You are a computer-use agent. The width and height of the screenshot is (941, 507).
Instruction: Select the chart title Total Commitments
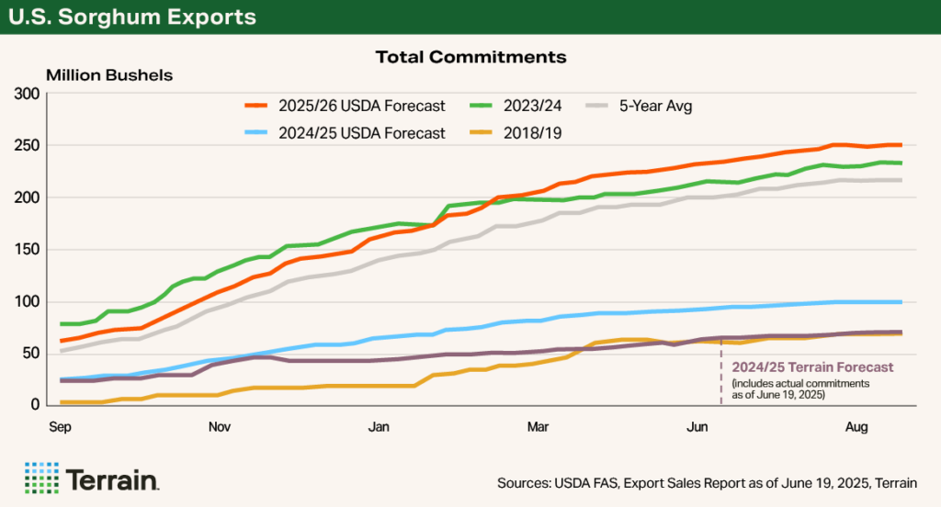(x=470, y=57)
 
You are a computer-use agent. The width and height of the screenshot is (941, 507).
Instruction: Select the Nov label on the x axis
(x=219, y=426)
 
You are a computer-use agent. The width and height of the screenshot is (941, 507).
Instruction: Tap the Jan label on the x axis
(x=379, y=426)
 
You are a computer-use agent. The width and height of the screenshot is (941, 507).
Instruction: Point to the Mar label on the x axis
(x=539, y=426)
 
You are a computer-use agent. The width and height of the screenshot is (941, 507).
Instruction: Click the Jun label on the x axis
(x=698, y=426)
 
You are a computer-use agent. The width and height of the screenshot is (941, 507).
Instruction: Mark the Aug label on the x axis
(x=857, y=426)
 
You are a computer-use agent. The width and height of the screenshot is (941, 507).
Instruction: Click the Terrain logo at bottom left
(x=93, y=478)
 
